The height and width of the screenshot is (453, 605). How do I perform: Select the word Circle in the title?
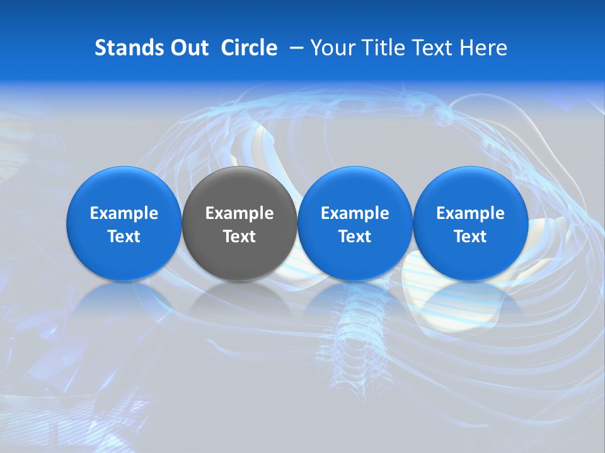[x=249, y=48]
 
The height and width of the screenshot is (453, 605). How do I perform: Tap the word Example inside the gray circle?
[x=239, y=213]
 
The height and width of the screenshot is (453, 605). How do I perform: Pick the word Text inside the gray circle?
[x=239, y=237]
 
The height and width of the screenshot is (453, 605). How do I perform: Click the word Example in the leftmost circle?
[x=124, y=213]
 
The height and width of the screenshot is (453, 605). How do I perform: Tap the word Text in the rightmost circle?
[x=470, y=237]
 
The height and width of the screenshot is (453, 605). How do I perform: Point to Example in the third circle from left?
[x=355, y=213]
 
